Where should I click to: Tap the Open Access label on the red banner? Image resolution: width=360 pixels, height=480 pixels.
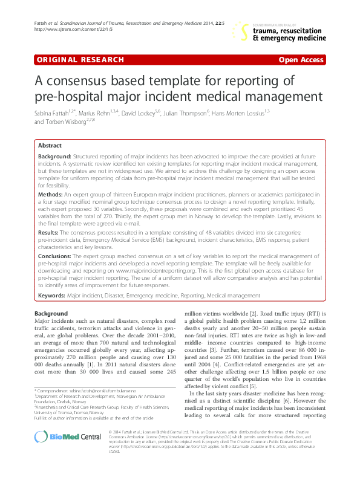301,61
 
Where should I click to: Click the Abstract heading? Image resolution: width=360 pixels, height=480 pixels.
50,146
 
